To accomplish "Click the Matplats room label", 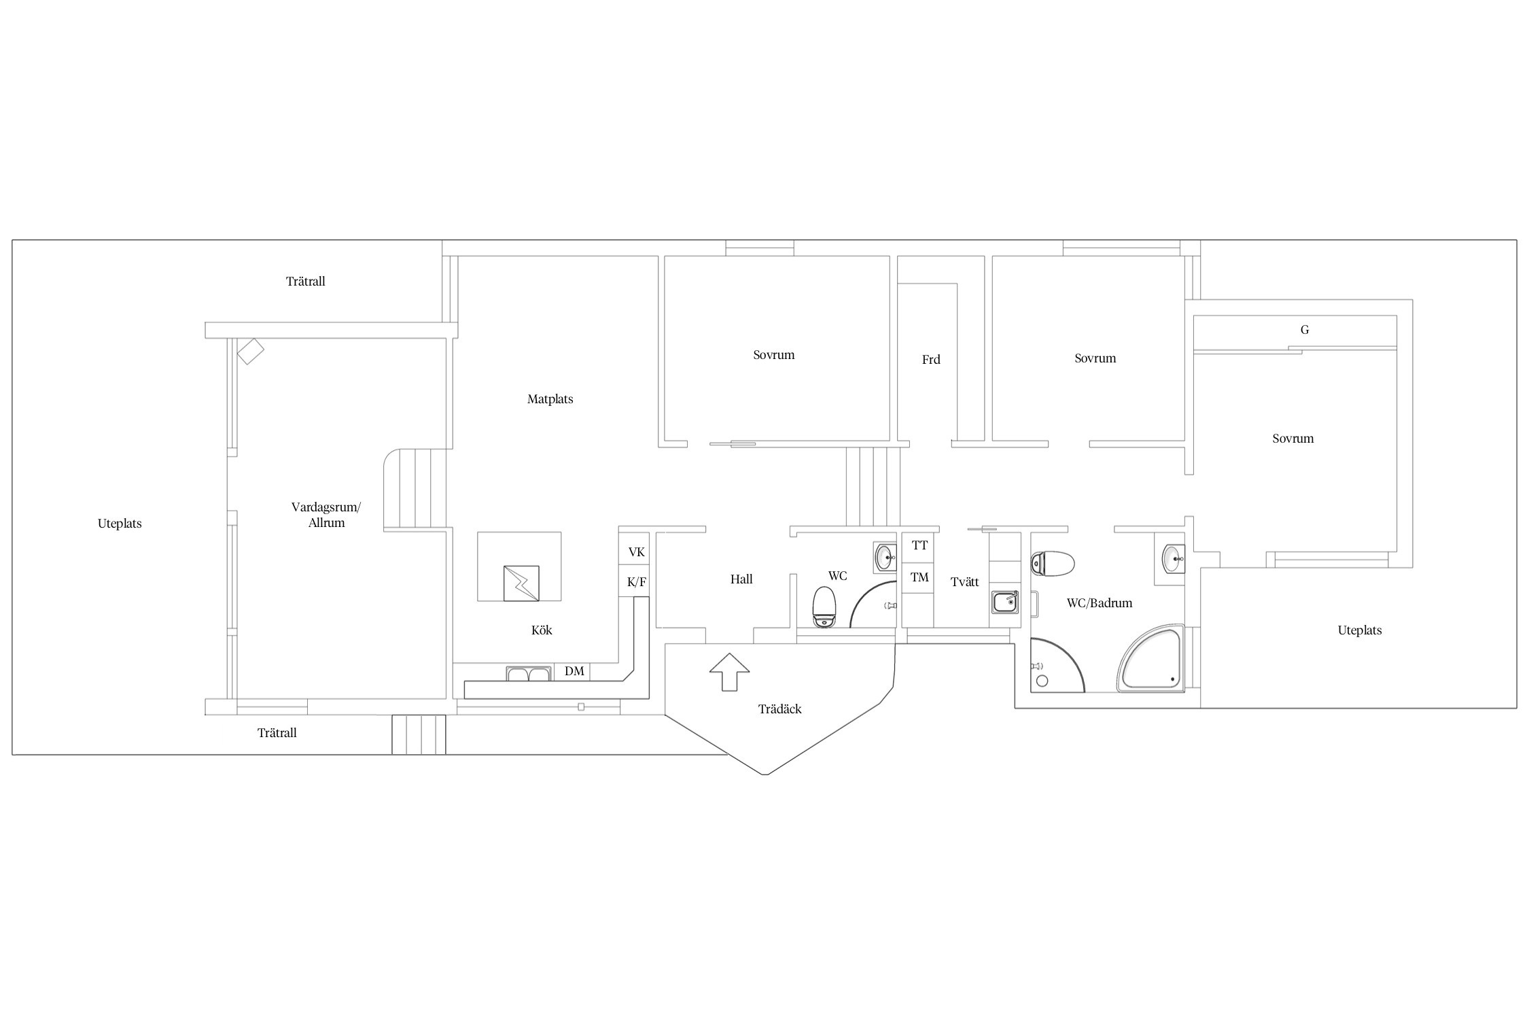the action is [550, 399].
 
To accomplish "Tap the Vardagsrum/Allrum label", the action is [326, 515].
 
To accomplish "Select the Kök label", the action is [542, 630].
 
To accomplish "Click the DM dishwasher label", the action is [574, 671].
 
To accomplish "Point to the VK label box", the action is [636, 552].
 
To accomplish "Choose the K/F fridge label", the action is [636, 582].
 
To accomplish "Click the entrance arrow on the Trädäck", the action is [729, 672].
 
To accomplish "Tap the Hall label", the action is [741, 579].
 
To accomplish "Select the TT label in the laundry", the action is [919, 545].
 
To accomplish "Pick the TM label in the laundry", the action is [919, 577].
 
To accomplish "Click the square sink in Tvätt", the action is [1005, 602].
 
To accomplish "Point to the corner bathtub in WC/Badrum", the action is [1151, 659].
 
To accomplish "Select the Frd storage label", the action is [931, 360].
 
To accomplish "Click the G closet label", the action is [1305, 330].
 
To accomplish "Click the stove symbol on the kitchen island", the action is [521, 583].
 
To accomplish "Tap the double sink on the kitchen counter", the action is [528, 674].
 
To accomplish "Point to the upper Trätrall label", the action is [306, 282].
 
